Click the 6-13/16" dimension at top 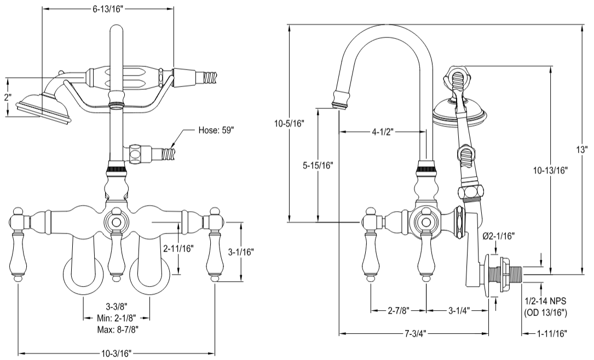click(x=108, y=9)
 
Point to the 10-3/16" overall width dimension click(x=117, y=353)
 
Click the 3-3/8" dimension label click(x=117, y=307)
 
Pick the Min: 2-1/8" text click(x=117, y=318)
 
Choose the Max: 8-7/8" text click(x=117, y=329)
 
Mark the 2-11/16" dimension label click(x=179, y=247)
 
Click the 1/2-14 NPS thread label click(x=545, y=302)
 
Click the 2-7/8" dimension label click(x=398, y=310)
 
